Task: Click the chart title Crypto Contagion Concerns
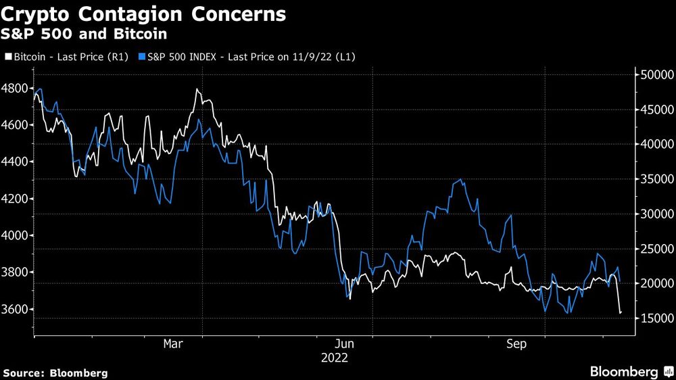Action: (143, 14)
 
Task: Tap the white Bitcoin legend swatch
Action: (7, 57)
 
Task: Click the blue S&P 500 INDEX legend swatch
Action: (141, 57)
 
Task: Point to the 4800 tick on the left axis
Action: (16, 89)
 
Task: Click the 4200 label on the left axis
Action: (16, 199)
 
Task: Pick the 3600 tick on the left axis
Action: (16, 310)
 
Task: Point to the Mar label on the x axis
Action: (173, 344)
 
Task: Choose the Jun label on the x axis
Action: (345, 344)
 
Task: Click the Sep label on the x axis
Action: (517, 344)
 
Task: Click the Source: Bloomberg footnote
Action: (55, 373)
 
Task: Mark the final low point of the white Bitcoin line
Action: (620, 312)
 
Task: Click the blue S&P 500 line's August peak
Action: (461, 180)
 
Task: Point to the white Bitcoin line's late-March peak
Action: (197, 89)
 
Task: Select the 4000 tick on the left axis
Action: (16, 236)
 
